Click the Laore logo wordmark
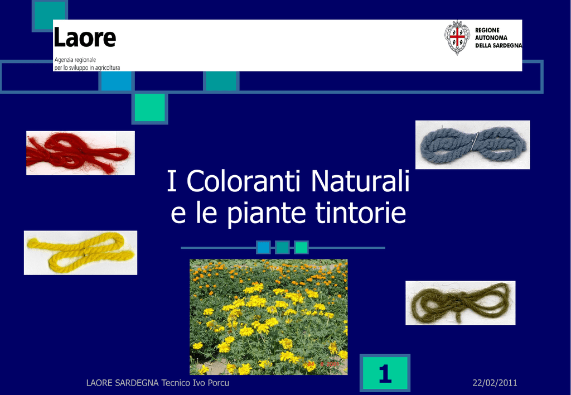[85, 37]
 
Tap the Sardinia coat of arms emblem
[457, 37]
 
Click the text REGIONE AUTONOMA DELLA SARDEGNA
[498, 38]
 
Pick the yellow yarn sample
[80, 253]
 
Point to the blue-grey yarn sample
[473, 144]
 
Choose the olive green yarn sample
[460, 303]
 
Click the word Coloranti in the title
[246, 181]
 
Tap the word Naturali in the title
[361, 181]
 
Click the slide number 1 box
[385, 373]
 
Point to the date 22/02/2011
[495, 383]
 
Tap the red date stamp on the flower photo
[323, 364]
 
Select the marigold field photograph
[269, 317]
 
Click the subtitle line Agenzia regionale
[75, 60]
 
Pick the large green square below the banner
[149, 108]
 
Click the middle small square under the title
[282, 247]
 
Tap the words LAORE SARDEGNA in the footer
[122, 383]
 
